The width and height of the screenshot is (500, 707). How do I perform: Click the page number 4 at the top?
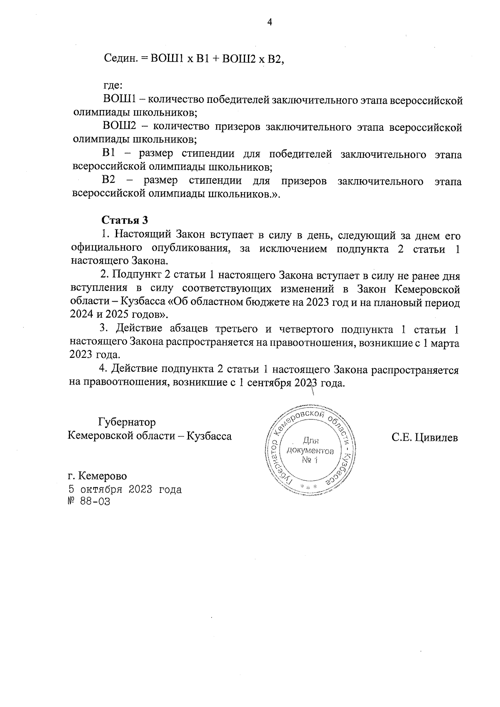(x=269, y=22)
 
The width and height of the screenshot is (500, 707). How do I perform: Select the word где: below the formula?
(x=112, y=86)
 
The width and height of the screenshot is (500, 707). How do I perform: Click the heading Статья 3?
(x=125, y=220)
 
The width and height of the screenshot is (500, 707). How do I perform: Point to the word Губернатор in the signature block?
(x=127, y=422)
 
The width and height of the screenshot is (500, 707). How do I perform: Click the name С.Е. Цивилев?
(x=424, y=437)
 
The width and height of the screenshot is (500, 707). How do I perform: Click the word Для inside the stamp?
(x=310, y=440)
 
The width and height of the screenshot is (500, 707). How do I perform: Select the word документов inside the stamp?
(x=310, y=451)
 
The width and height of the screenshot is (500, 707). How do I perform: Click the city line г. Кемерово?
(x=97, y=476)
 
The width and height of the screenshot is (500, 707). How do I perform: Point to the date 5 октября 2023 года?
(x=125, y=489)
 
